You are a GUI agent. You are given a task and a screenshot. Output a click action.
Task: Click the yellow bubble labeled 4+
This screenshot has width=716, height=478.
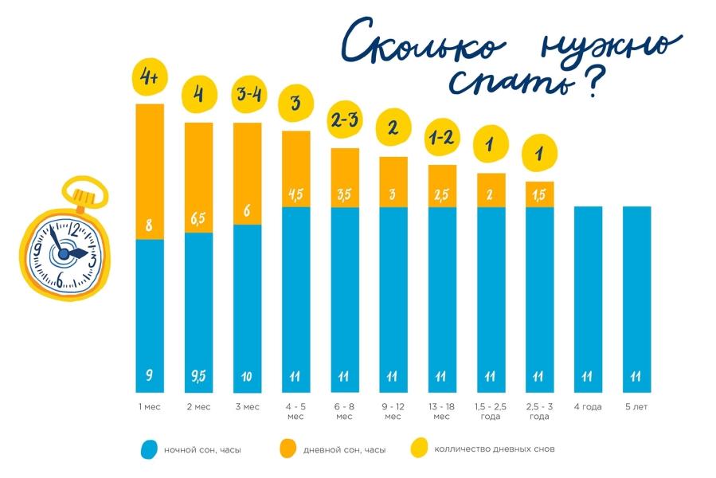(x=149, y=78)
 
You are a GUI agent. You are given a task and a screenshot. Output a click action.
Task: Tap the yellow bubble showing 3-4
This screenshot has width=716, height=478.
(x=248, y=95)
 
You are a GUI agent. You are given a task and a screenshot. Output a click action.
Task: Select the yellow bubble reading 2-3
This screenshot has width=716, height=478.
(x=346, y=122)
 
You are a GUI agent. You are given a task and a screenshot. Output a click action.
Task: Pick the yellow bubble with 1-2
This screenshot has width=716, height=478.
(x=442, y=139)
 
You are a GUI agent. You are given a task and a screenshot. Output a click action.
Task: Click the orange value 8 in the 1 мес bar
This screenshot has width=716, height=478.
(x=148, y=225)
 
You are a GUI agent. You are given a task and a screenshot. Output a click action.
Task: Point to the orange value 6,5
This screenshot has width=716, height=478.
(x=199, y=217)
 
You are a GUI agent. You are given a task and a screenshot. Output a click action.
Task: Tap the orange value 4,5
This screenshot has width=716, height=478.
(x=296, y=194)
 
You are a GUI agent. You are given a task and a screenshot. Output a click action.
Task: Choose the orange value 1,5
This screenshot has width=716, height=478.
(x=539, y=194)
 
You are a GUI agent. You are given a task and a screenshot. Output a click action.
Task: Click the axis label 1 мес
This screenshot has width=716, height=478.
(x=149, y=407)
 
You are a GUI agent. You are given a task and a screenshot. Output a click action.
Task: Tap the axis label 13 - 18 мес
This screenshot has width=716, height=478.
(x=442, y=412)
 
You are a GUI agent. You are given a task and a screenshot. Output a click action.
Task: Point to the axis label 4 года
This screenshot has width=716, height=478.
(x=588, y=407)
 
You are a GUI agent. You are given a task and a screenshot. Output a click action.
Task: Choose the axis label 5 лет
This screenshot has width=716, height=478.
(x=636, y=407)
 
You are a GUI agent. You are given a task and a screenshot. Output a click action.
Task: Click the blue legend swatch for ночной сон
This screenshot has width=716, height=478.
(x=149, y=449)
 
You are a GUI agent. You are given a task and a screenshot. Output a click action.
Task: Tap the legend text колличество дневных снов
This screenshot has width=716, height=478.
(x=494, y=449)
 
